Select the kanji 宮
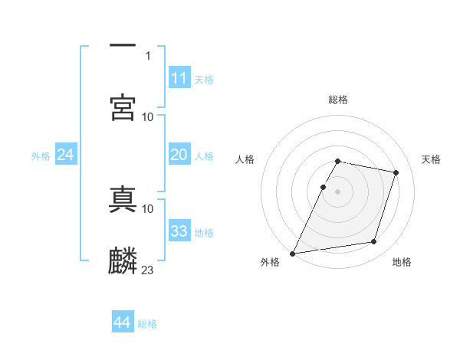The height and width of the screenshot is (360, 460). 123,107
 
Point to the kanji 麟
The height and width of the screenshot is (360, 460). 123,260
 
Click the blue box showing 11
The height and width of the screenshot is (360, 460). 179,78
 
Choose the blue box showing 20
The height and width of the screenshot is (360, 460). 179,155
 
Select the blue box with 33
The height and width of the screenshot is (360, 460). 179,231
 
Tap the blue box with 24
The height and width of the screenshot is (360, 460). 65,155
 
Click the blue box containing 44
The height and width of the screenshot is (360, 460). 122,323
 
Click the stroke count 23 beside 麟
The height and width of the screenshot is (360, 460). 148,270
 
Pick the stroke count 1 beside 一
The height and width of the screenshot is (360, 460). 148,56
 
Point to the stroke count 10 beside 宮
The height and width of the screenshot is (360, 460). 148,116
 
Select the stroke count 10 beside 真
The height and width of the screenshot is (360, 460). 148,208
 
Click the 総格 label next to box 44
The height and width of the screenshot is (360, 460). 147,324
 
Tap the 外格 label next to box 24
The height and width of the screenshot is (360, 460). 41,155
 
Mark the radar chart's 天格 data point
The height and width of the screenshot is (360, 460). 396,172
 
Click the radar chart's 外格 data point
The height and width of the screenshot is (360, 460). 293,253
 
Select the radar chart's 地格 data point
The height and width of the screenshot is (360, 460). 374,242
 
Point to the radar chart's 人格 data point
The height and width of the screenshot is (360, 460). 323,187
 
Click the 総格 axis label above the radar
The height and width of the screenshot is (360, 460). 338,100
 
